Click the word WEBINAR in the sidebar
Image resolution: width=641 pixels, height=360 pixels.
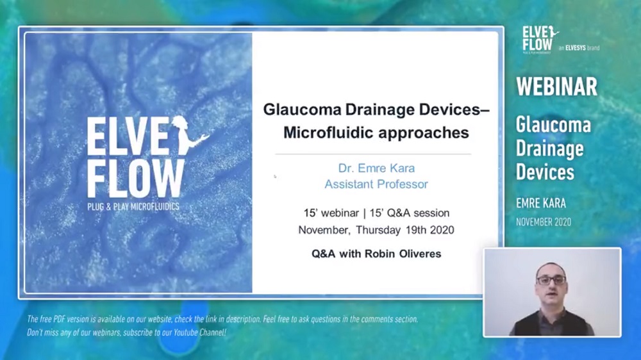pos(556,86)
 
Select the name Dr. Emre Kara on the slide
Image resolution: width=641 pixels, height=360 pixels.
pos(376,168)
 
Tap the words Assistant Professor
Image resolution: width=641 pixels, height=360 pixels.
pos(376,184)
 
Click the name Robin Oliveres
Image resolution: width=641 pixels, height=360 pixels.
pos(403,254)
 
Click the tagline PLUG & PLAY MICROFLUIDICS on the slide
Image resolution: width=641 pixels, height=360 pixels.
pos(133,207)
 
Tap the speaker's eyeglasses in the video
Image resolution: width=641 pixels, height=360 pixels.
pos(551,281)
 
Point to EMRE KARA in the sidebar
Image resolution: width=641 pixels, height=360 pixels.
pos(541,203)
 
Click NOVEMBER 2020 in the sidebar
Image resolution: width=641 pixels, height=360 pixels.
pos(544,222)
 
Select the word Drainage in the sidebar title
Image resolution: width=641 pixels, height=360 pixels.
pos(549,149)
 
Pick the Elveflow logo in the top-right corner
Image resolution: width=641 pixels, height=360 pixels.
pos(540,40)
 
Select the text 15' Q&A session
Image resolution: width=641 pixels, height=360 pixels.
pos(409,213)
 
